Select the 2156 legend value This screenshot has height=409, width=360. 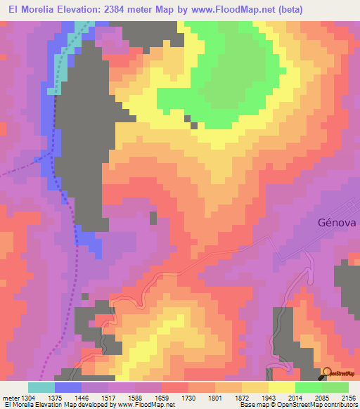point(347,398)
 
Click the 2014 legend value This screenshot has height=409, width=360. point(293,398)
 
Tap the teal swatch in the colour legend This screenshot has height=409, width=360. point(41,387)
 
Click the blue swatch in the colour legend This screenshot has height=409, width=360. point(67,387)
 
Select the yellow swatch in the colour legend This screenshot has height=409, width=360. point(281,387)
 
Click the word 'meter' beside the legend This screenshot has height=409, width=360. point(9,398)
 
